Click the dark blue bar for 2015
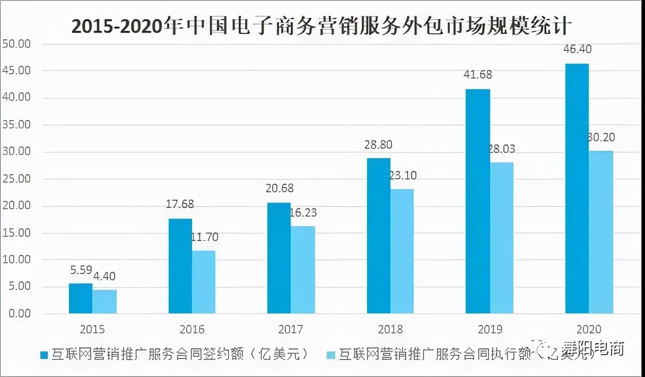[81, 298]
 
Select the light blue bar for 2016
[204, 282]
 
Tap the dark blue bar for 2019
[477, 201]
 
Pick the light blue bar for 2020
[601, 232]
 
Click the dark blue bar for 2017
[279, 258]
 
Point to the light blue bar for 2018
[402, 251]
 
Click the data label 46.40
[578, 49]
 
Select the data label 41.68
[477, 74]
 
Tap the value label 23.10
[403, 174]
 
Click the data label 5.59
[81, 270]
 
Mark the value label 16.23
[303, 212]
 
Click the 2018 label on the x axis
[390, 329]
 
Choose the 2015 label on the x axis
[93, 329]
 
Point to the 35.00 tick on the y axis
[17, 125]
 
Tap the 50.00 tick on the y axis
[17, 44]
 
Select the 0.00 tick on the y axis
[19, 314]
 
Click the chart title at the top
[322, 25]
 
